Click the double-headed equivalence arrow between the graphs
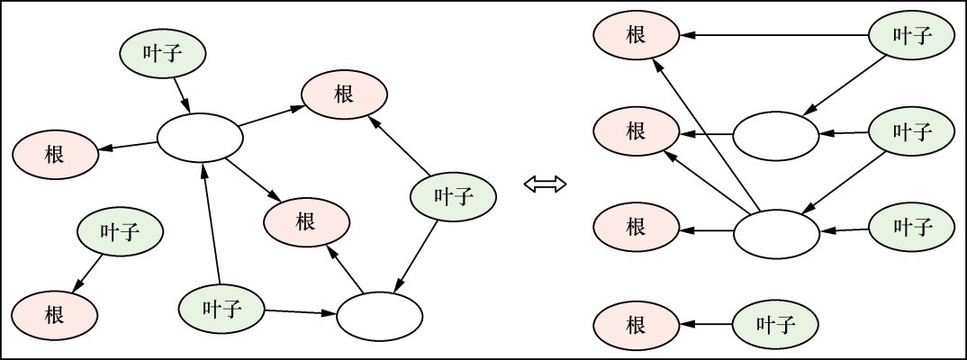545,184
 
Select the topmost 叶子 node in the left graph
163,54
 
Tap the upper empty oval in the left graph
200,138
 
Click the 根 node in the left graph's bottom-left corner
55,315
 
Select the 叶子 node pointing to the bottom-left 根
120,233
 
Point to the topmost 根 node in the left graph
344,94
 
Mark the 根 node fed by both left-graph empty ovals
306,221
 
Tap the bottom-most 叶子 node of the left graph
221,309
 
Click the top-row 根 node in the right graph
636,35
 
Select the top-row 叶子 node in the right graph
911,36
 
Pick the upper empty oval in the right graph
776,136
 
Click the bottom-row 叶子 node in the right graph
775,324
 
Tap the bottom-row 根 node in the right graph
636,324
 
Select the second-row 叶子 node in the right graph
911,132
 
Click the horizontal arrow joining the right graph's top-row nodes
774,36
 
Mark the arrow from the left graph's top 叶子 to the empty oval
180,92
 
